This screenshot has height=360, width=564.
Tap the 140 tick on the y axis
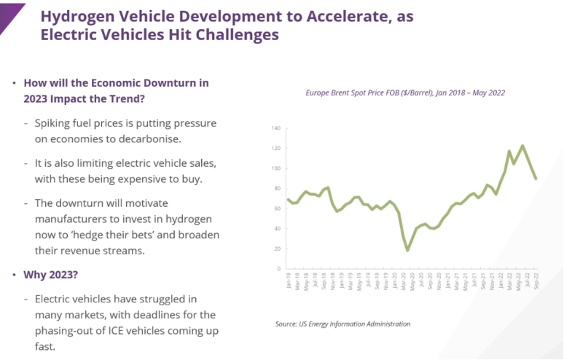coord(275,128)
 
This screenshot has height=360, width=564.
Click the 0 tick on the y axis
coord(278,269)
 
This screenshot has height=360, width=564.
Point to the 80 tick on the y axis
coord(276,189)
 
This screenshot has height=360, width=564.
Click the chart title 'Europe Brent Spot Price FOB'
coord(364,93)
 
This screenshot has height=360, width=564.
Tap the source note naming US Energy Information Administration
coord(342,324)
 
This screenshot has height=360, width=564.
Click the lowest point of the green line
coord(407,250)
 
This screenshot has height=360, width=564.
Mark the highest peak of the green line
coord(522,146)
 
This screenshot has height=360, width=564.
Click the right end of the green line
coord(536,179)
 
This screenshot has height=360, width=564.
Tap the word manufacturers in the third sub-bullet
coord(68,219)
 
